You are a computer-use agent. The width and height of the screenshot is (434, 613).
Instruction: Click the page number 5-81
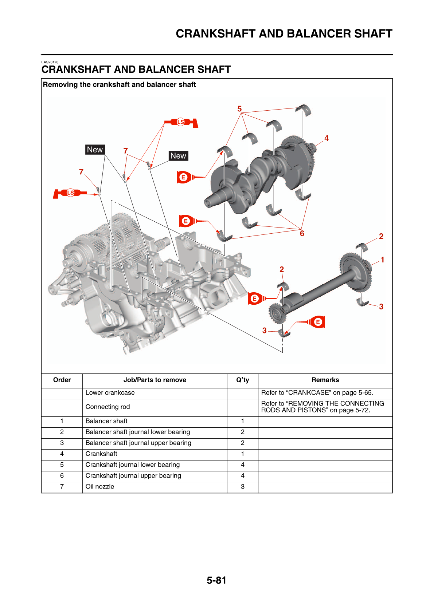point(216,580)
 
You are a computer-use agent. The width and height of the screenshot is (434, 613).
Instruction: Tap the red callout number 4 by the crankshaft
point(327,138)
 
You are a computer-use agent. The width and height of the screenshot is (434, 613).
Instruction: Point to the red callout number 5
point(239,109)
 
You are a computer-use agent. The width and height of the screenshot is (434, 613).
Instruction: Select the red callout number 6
point(302,234)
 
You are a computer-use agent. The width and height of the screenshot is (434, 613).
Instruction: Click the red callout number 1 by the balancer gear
point(382,260)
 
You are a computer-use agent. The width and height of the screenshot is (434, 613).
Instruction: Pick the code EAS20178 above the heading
point(50,62)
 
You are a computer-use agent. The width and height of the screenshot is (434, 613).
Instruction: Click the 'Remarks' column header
point(325,380)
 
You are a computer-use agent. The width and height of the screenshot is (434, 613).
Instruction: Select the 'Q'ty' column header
point(243,380)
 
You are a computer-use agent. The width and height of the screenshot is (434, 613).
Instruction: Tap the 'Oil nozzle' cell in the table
point(100,487)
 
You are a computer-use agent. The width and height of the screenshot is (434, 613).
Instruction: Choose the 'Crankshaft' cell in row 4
point(101,454)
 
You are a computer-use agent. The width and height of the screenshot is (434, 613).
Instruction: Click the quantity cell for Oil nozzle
point(243,487)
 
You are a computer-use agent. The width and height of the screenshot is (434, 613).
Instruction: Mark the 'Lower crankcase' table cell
point(110,393)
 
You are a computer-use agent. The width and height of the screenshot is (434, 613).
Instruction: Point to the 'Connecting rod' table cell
point(107,407)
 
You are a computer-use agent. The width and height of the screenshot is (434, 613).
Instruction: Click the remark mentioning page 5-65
point(317,393)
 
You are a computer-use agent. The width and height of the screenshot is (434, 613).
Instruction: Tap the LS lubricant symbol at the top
point(181,122)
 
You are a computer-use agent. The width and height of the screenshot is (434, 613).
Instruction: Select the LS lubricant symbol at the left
point(70,193)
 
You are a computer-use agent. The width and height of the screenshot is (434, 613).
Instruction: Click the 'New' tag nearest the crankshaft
point(178,156)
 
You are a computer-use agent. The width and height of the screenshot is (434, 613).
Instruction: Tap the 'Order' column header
point(62,380)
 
